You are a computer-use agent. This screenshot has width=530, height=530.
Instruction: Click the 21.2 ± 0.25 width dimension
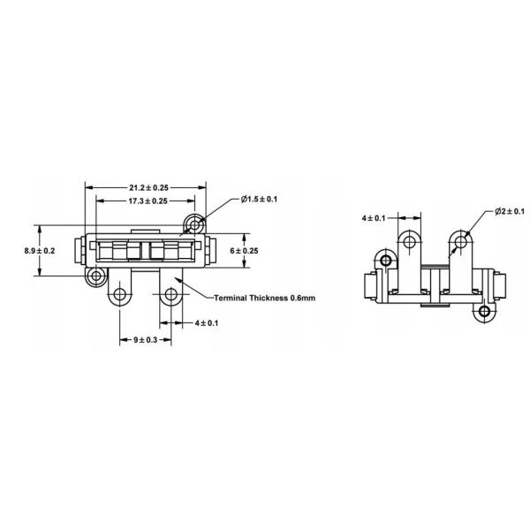point(146,187)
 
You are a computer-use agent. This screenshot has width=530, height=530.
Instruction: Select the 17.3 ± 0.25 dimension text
point(146,201)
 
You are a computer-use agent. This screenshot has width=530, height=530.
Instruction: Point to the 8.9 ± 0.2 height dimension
point(40,251)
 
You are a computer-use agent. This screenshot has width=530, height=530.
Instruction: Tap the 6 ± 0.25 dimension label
point(245,251)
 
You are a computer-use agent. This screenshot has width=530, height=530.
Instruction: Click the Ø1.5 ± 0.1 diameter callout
point(259,200)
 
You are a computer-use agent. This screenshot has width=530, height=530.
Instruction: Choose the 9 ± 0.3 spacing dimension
point(146,340)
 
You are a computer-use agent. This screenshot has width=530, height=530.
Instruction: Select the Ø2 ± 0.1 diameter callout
point(510,212)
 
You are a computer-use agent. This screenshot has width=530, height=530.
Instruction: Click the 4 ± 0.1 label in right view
point(374,216)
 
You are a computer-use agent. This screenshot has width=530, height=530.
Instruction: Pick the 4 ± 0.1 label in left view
point(207,322)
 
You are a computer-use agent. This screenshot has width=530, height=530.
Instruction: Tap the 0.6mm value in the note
point(301,298)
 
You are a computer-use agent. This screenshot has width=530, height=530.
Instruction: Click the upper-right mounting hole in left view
point(194,220)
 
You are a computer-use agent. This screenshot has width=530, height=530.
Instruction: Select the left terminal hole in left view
point(121,293)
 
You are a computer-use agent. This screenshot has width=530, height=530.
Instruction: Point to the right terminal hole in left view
point(170,293)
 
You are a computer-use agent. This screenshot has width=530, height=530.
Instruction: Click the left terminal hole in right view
point(410,239)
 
